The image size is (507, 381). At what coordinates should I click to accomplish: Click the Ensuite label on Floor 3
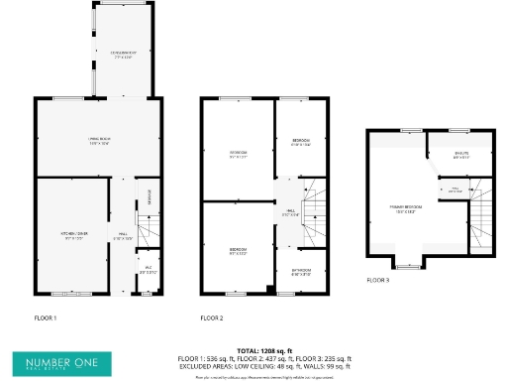460,155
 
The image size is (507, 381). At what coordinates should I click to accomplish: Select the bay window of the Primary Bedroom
406,266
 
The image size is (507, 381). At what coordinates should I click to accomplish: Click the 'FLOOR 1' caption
47,318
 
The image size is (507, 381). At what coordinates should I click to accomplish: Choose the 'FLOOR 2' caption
212,318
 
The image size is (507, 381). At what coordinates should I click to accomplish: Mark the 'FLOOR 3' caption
378,281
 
